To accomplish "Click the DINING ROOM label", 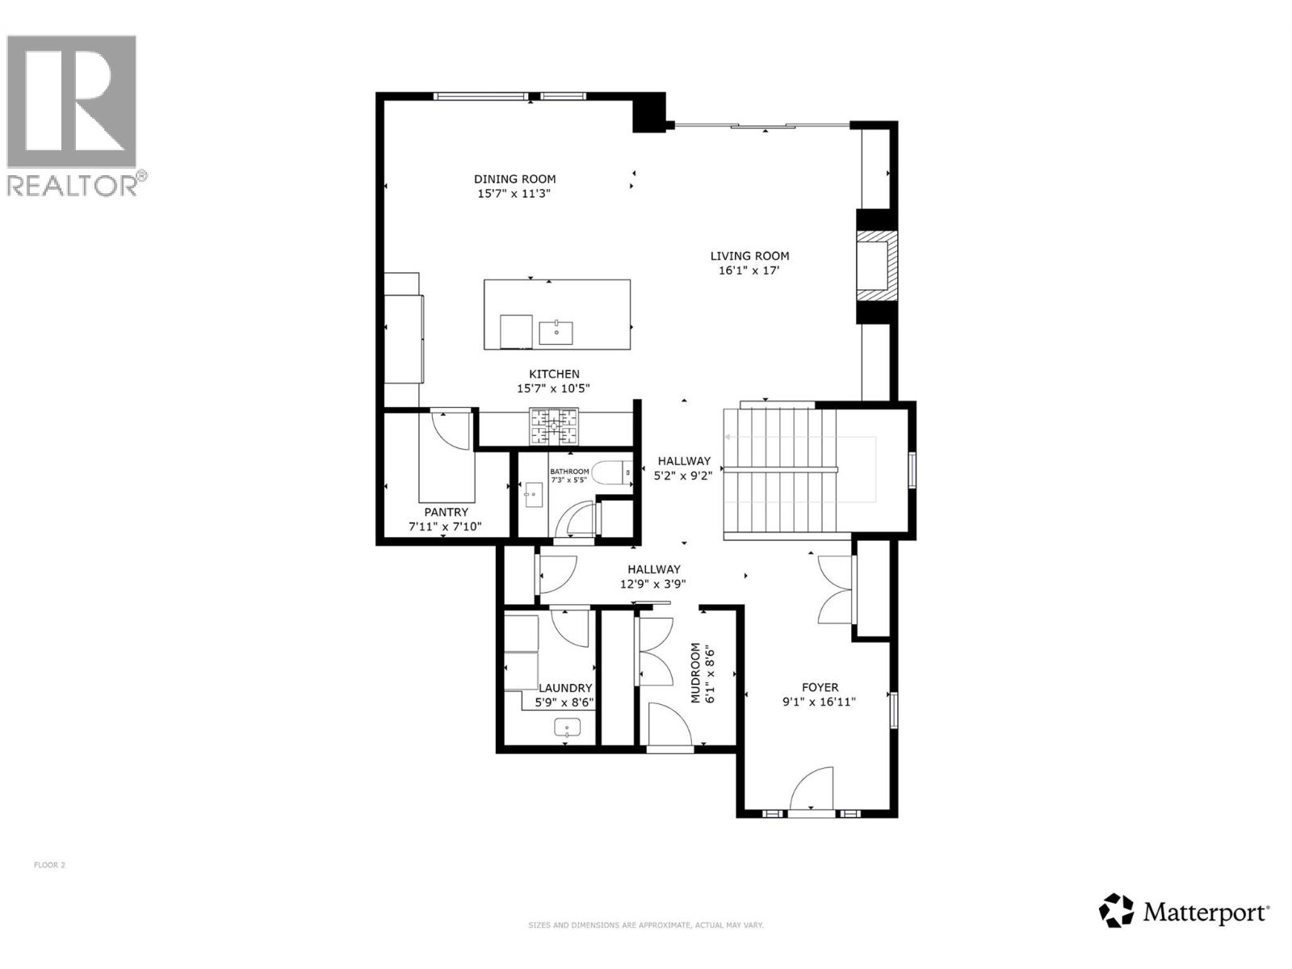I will point(514,179).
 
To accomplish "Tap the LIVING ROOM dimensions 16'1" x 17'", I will point(749,271).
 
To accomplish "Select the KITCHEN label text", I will point(554,374).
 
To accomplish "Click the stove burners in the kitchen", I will point(554,427).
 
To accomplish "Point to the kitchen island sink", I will point(556,331).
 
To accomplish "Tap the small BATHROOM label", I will point(569,472).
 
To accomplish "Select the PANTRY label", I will point(446,512).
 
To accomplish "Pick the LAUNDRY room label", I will point(565,688).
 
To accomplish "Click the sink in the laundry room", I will point(568,728).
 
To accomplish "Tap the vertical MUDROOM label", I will point(695,673).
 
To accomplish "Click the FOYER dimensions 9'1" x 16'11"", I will point(819,702).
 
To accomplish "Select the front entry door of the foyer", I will point(812,790).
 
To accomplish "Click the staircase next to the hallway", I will point(779,472).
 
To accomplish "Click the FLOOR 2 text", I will point(49,865).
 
